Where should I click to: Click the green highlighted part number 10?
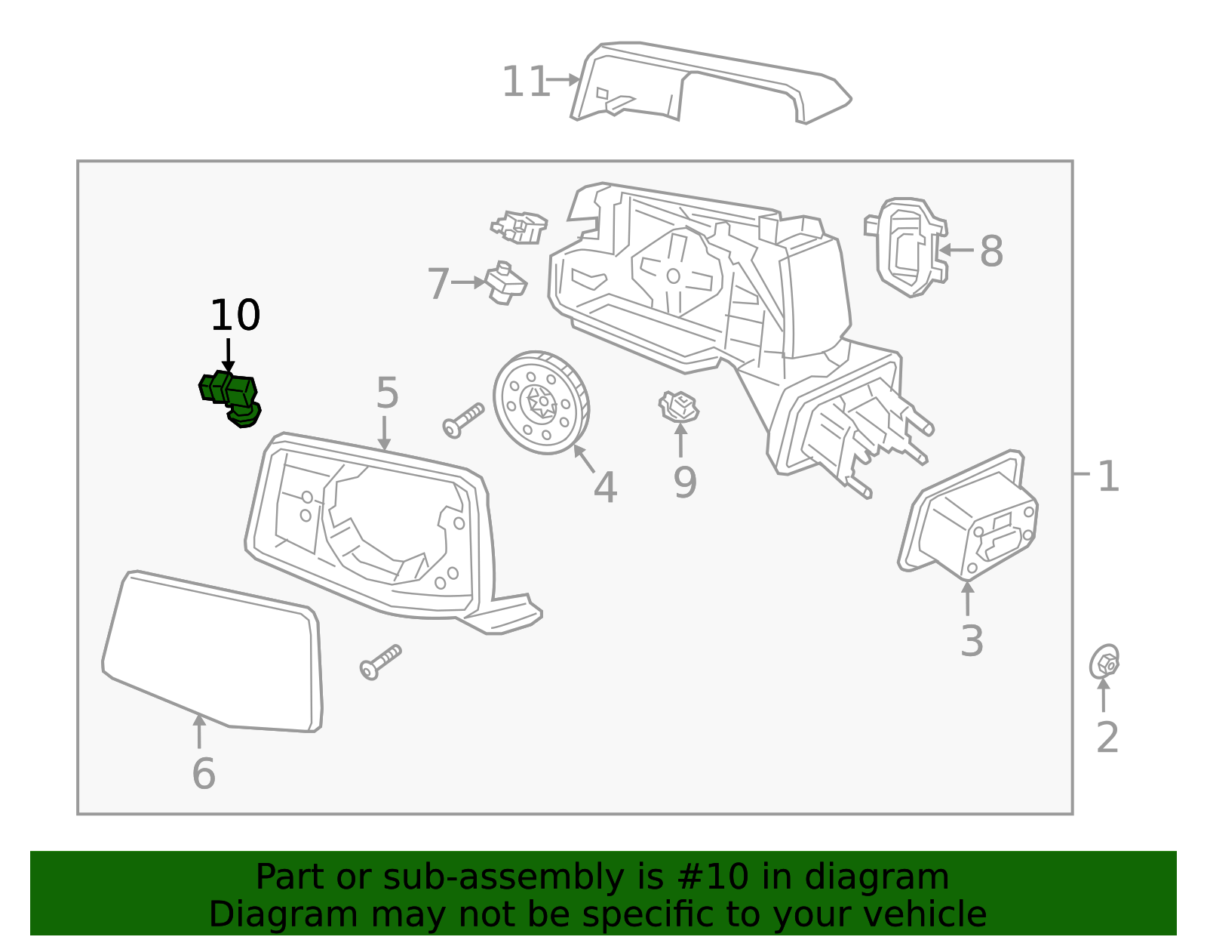231,396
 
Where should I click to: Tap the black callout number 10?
235,316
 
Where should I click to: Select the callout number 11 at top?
525,82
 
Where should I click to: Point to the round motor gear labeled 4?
541,403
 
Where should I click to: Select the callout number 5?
387,393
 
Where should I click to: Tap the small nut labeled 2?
1104,664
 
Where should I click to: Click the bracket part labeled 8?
904,247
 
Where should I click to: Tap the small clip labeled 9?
679,407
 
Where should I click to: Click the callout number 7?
438,284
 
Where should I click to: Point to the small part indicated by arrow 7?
505,283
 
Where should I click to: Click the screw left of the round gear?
463,420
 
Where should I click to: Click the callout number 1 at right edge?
1107,476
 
